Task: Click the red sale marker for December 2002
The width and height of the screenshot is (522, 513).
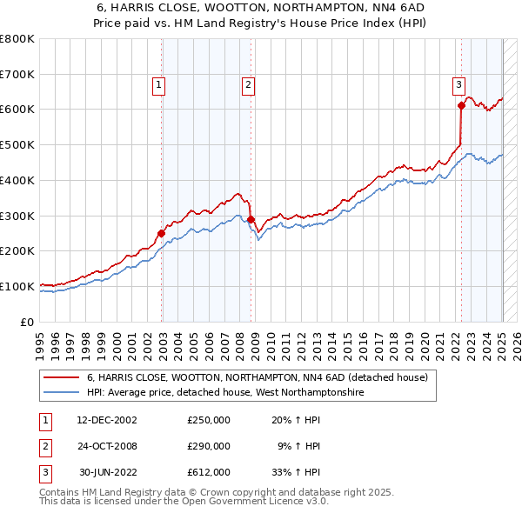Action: pyautogui.click(x=162, y=233)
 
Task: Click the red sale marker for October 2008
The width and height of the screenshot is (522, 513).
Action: pyautogui.click(x=251, y=219)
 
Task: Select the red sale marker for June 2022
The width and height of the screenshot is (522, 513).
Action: pyautogui.click(x=461, y=105)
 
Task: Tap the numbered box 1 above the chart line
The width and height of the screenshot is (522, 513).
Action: pyautogui.click(x=160, y=84)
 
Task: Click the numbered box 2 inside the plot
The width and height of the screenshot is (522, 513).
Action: pyautogui.click(x=249, y=84)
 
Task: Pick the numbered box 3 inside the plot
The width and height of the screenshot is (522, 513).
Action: pyautogui.click(x=458, y=84)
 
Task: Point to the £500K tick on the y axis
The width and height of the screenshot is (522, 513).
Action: pyautogui.click(x=17, y=144)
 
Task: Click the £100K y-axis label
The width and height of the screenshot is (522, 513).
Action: pyautogui.click(x=17, y=286)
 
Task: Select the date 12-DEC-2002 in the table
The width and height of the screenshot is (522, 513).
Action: pyautogui.click(x=107, y=420)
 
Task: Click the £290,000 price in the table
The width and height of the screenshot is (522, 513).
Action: pyautogui.click(x=209, y=446)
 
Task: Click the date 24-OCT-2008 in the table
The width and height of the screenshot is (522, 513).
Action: pyautogui.click(x=107, y=446)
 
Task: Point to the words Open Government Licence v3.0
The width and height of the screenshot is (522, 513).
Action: pyautogui.click(x=258, y=503)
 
